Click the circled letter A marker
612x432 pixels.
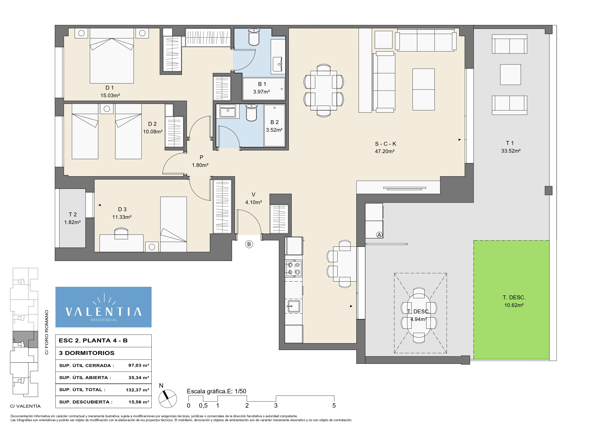click(379, 235)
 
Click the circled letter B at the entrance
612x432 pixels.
click(249, 244)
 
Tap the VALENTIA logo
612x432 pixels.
click(103, 307)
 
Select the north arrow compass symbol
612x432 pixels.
click(167, 399)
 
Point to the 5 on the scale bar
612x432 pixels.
click(334, 405)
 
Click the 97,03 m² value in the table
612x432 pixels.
click(139, 366)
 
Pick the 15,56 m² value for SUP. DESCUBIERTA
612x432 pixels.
click(139, 402)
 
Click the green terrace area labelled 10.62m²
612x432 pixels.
click(511, 300)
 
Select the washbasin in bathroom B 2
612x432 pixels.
click(228, 111)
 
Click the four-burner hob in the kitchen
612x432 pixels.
click(294, 268)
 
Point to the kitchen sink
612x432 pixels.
click(293, 306)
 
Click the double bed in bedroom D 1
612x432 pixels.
click(112, 56)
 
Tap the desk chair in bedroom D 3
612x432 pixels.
click(121, 233)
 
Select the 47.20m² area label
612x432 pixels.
click(385, 151)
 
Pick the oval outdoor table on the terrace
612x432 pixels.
click(419, 315)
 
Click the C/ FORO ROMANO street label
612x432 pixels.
click(47, 332)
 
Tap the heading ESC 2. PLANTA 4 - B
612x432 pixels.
click(93, 340)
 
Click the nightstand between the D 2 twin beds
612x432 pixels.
click(107, 109)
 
